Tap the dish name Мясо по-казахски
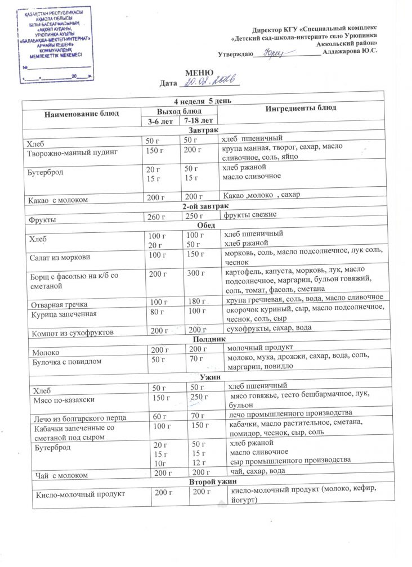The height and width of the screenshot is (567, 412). (x=64, y=399)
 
